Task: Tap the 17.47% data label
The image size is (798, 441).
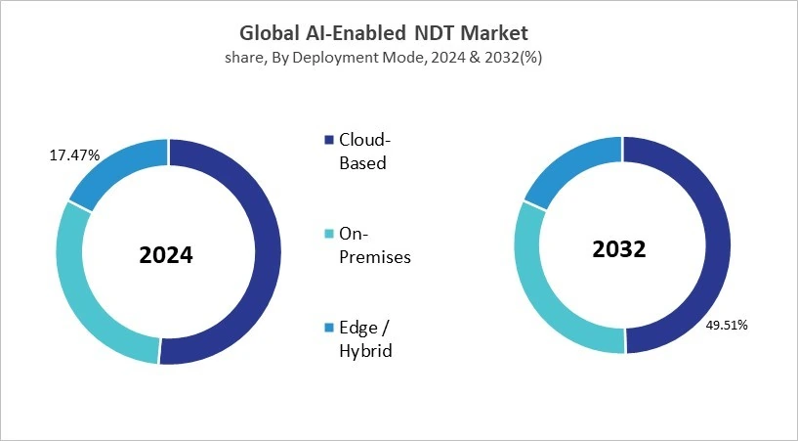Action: pos(74,155)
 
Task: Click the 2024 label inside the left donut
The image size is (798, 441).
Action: pos(166,256)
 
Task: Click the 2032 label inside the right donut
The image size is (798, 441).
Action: pos(619,249)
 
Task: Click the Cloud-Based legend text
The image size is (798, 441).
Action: pos(362,151)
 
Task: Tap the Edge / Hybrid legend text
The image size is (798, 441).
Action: pos(364,338)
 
